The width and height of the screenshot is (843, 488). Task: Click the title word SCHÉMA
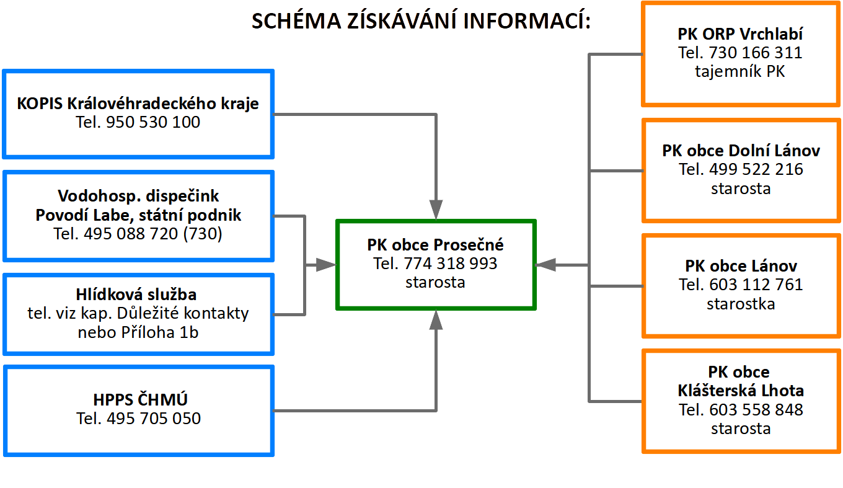[296, 20]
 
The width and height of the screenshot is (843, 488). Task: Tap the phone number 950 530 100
[153, 122]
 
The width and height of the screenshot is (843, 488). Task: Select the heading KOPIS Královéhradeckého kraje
[138, 104]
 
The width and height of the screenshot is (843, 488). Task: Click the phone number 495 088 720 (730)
[152, 234]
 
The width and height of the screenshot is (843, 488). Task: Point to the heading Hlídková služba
[136, 295]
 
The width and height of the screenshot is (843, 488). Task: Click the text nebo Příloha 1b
[138, 332]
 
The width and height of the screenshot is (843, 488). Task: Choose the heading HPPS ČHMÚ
[140, 399]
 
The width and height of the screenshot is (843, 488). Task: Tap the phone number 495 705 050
[154, 419]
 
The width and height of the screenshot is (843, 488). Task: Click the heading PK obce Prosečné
[435, 245]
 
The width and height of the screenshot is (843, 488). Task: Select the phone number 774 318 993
[451, 264]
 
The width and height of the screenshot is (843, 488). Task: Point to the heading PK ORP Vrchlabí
[740, 34]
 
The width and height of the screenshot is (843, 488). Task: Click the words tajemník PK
[740, 71]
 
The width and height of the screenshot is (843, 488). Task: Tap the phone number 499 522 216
[756, 169]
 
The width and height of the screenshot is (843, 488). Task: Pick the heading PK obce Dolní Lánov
[741, 151]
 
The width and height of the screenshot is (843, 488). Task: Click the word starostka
[741, 304]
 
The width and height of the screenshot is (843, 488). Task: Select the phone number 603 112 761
[756, 285]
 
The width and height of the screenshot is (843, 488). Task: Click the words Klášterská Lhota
[741, 391]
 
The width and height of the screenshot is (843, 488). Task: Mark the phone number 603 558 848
[756, 410]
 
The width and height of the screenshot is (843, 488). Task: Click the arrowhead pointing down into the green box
[436, 210]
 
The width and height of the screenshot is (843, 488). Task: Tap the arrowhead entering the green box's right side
[545, 265]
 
